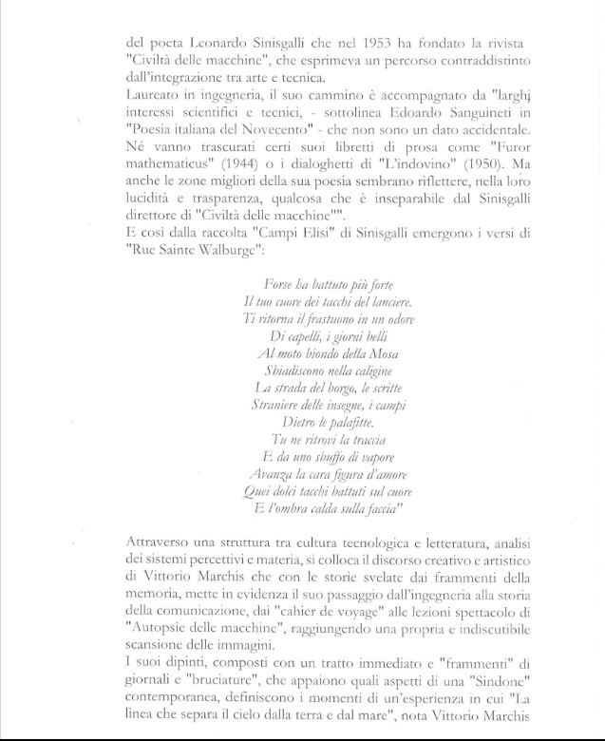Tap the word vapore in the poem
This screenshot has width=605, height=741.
tap(366, 456)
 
